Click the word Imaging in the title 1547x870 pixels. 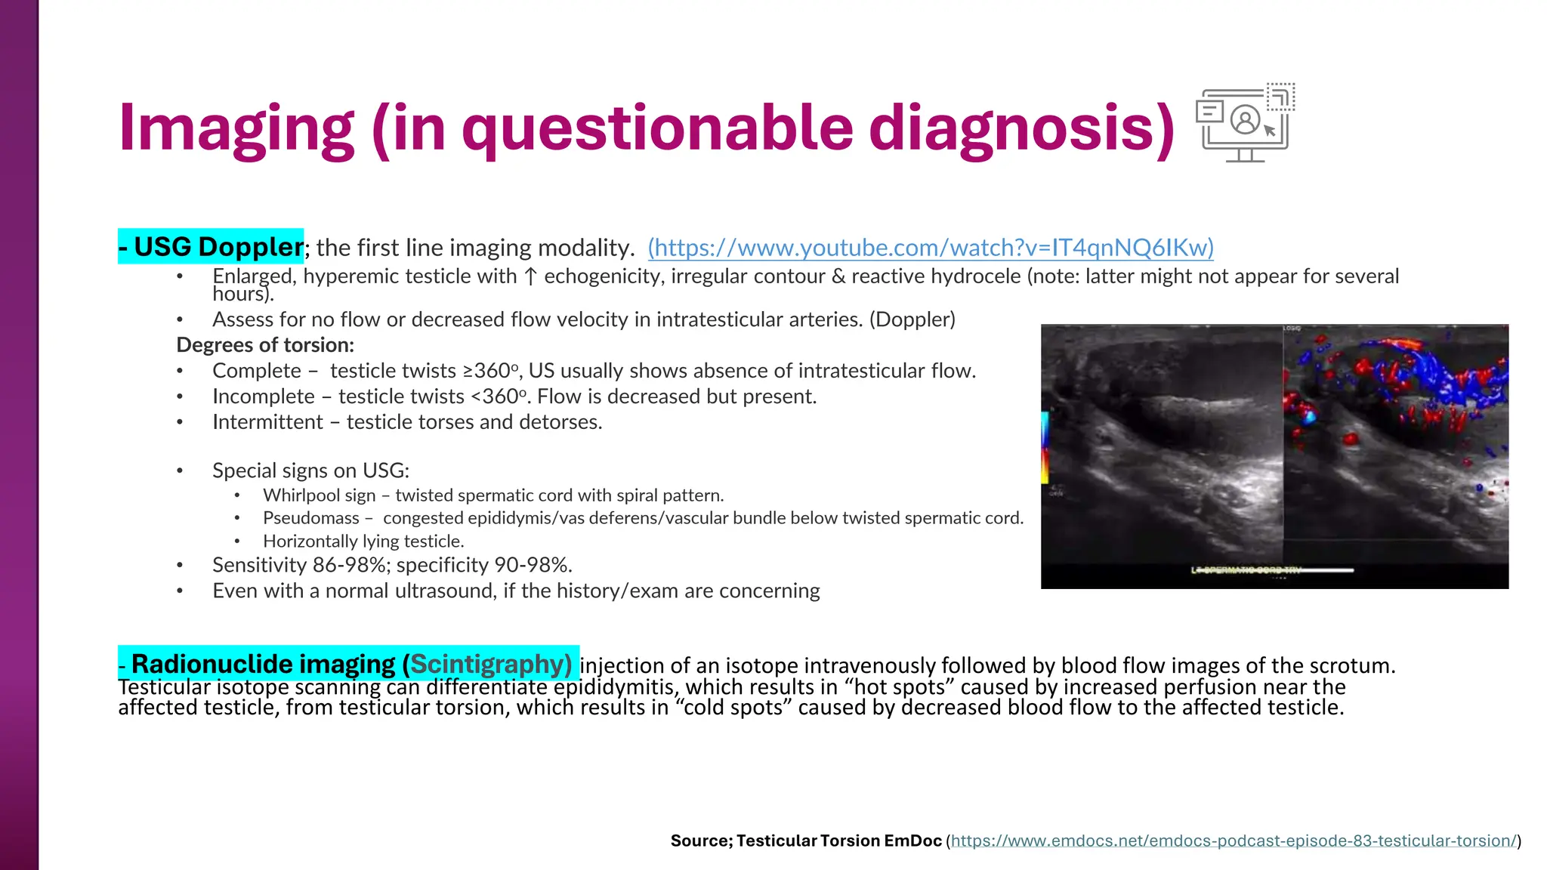(236, 130)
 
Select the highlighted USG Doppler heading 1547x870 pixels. (212, 247)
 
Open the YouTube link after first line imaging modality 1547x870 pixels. (931, 248)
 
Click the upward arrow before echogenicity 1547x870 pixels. (530, 277)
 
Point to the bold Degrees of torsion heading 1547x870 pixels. (265, 345)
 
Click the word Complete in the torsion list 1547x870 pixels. (256, 371)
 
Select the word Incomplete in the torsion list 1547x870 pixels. (263, 396)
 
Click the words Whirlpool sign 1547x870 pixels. (319, 495)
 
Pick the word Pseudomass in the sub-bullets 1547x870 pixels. (310, 518)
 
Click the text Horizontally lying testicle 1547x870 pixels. (363, 541)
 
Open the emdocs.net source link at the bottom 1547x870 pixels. (1233, 841)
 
